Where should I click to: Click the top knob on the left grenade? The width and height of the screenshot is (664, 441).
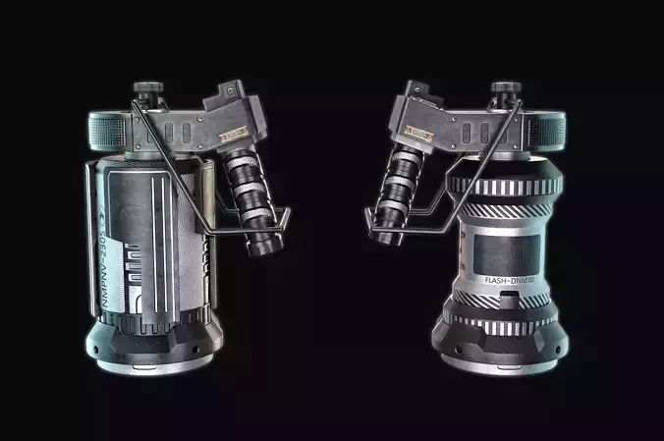coord(148,91)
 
